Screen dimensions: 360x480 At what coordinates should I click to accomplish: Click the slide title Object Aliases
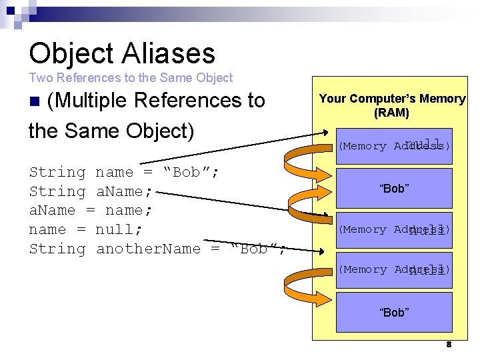click(122, 53)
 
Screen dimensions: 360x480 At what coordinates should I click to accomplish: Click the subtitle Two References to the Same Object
click(131, 78)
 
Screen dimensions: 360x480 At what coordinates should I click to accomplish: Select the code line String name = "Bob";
click(124, 172)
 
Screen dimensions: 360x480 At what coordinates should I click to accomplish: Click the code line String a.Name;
click(91, 191)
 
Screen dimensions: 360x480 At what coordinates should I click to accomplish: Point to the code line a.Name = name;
click(91, 210)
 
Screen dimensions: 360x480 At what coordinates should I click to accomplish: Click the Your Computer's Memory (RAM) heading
click(392, 105)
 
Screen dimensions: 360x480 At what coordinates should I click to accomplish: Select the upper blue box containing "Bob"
click(394, 189)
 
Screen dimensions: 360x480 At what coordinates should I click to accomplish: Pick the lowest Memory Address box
click(394, 270)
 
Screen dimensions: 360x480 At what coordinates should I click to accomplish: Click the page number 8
click(449, 345)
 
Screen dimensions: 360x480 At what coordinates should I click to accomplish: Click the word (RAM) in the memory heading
click(391, 113)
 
